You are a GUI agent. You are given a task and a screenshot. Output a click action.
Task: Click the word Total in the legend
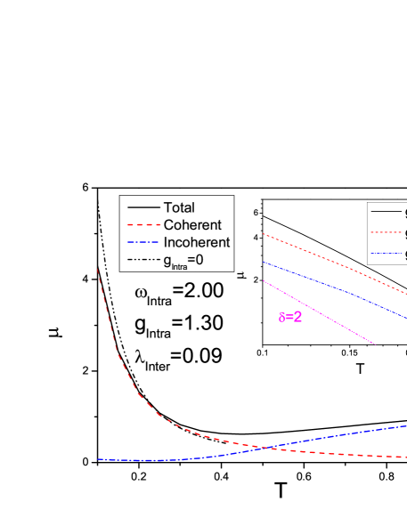tap(179, 207)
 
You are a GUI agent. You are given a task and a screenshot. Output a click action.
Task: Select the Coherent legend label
tap(192, 225)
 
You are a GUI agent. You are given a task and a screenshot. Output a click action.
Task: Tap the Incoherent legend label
tap(197, 242)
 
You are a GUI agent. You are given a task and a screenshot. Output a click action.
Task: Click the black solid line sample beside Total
tap(142, 207)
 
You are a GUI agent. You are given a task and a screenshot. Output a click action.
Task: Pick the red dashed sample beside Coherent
tap(142, 225)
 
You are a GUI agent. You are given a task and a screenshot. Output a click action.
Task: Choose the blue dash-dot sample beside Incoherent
tap(142, 242)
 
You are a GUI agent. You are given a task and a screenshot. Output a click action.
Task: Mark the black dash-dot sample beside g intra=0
tap(142, 260)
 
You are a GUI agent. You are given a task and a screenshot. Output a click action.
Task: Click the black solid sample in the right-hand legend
tap(385, 212)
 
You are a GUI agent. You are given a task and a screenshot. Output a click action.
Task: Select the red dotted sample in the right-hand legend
tap(385, 233)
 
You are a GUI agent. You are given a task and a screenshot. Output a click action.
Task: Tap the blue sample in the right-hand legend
tap(385, 255)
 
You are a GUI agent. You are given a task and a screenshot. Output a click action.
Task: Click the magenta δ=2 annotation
tap(290, 316)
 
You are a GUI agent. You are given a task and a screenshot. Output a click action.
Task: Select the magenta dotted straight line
tap(319, 312)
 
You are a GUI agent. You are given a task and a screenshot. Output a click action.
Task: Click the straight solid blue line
tap(334, 287)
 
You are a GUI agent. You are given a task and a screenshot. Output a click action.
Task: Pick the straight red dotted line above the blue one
tap(334, 263)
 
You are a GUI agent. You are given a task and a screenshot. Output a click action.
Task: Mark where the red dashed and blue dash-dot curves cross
tap(265, 448)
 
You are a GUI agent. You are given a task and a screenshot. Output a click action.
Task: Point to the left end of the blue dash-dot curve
tap(99, 459)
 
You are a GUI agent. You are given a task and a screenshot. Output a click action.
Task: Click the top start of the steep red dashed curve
tap(98, 270)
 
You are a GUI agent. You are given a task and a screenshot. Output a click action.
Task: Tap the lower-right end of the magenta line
tap(373, 344)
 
